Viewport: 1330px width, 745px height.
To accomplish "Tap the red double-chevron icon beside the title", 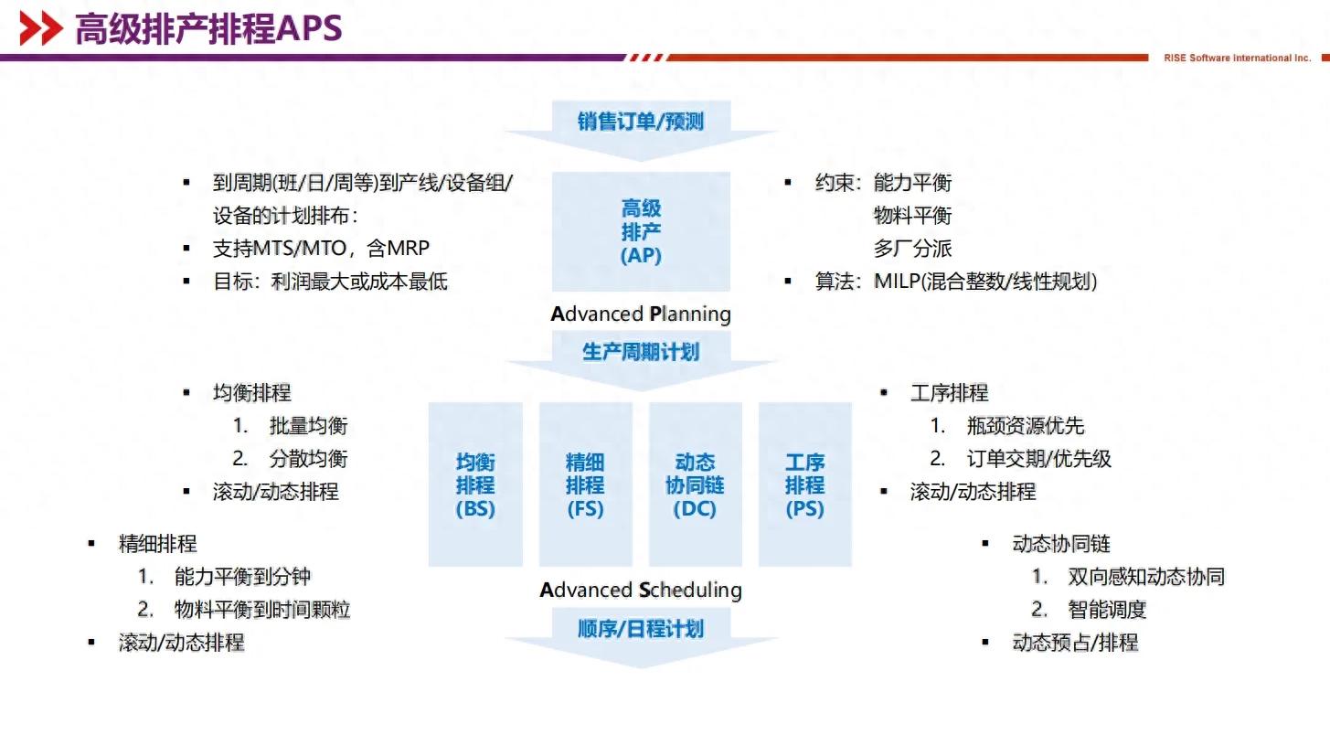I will point(41,29).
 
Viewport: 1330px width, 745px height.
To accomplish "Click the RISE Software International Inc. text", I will point(1237,58).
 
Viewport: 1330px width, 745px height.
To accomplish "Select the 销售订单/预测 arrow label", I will point(640,122).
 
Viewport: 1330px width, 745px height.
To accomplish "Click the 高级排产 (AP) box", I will point(641,232).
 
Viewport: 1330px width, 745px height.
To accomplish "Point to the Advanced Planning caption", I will point(641,314).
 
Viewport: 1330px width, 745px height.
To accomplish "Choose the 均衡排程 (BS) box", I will point(475,485).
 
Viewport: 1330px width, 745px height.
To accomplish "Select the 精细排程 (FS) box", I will point(585,485).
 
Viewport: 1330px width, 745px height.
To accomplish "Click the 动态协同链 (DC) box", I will point(695,485).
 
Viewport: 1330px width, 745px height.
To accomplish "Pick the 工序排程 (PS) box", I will point(804,485).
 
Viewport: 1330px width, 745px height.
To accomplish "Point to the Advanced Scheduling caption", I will point(641,590).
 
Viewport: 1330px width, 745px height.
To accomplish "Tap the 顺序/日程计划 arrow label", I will point(640,628).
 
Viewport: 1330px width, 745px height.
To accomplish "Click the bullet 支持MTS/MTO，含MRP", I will point(321,249).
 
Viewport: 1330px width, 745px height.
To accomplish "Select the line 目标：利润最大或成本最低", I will point(330,282).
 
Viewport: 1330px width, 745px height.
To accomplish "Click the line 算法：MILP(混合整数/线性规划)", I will point(955,282).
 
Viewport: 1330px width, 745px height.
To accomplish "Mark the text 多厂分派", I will point(912,249).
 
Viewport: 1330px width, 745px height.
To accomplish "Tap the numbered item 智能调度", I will point(1107,610).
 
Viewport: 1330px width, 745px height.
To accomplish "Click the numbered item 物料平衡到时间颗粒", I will point(262,610).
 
